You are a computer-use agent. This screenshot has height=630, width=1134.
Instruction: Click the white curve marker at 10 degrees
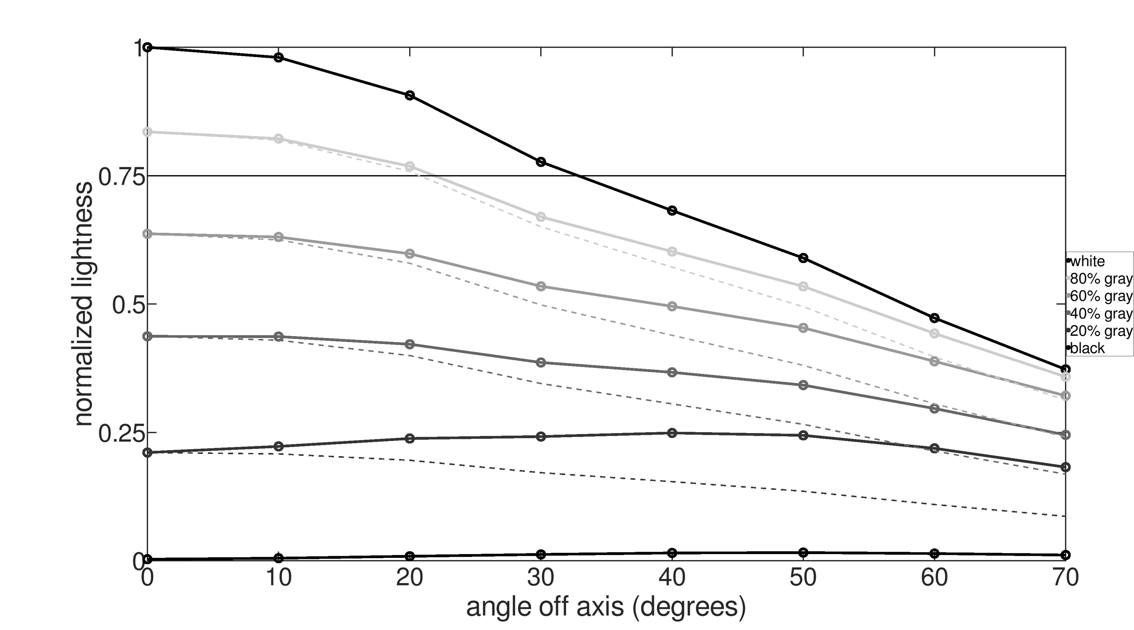tap(278, 57)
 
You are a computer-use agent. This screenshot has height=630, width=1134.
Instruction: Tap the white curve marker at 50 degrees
tap(803, 258)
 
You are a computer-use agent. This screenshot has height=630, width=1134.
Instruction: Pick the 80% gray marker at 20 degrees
tap(409, 166)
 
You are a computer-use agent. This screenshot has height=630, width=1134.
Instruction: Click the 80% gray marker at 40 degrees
tap(672, 251)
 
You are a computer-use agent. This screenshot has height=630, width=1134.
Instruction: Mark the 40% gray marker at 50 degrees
tap(803, 385)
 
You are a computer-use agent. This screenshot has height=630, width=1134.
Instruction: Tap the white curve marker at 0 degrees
tap(148, 47)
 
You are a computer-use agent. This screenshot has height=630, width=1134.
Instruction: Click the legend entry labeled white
tap(1087, 261)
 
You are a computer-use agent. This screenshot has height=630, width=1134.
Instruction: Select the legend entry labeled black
tap(1087, 348)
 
